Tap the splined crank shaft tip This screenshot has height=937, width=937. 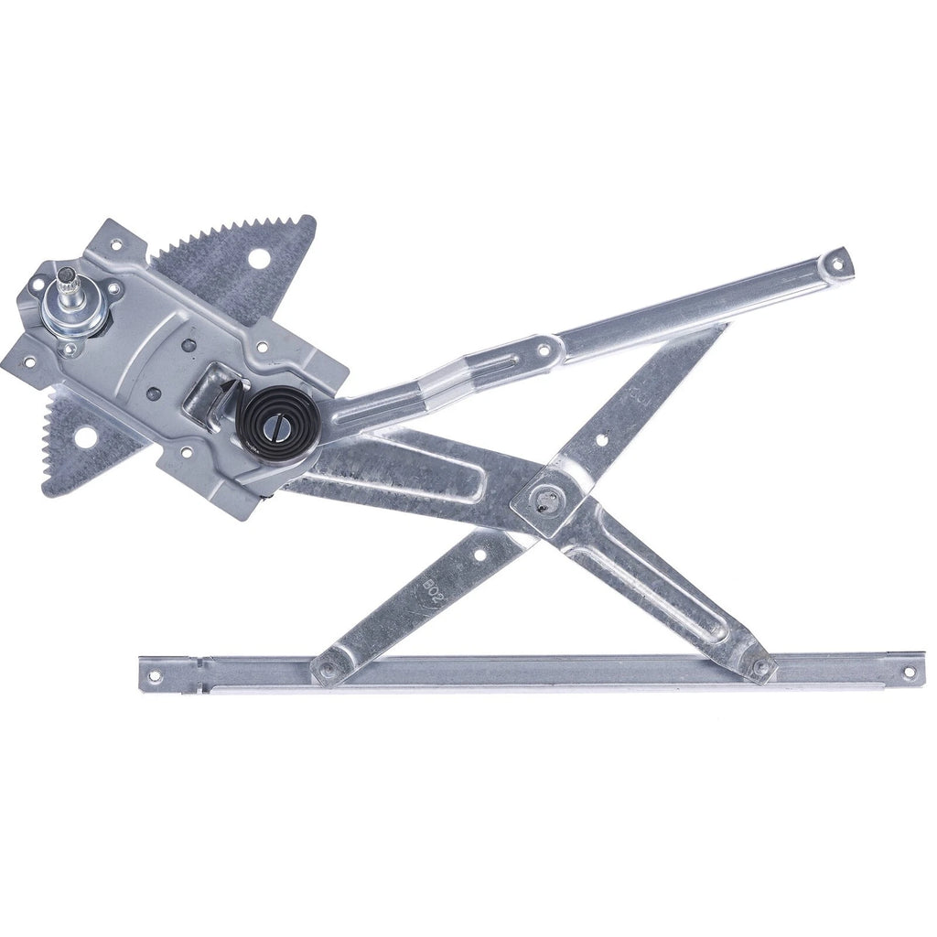[x=68, y=275]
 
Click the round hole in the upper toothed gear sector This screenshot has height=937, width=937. [x=259, y=259]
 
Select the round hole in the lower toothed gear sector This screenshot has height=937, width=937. [x=83, y=438]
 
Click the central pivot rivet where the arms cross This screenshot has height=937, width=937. [x=550, y=500]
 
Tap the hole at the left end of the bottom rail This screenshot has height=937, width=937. [x=153, y=677]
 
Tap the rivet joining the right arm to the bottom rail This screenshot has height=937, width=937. [x=759, y=668]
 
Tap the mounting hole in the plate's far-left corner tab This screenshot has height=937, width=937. [x=27, y=361]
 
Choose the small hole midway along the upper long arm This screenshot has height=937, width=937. [x=544, y=350]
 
